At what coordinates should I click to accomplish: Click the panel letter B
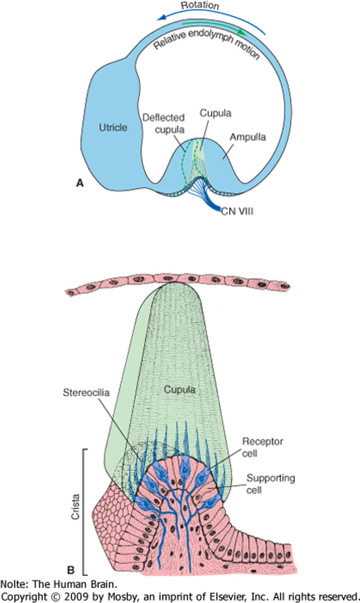(71, 569)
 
